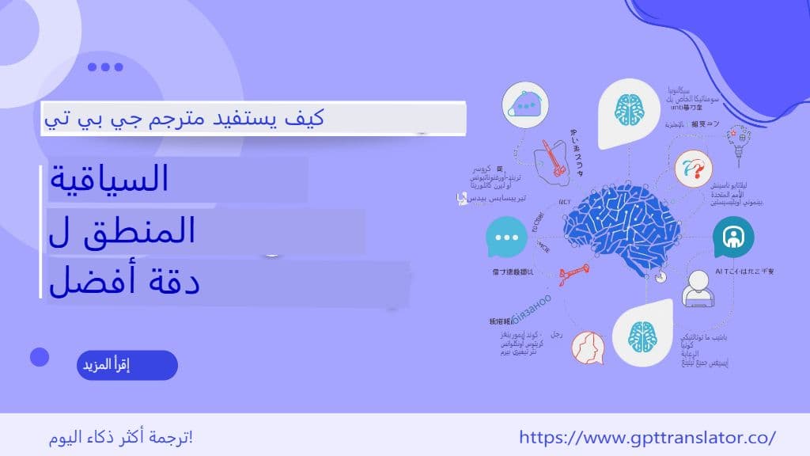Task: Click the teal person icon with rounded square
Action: (x=733, y=236)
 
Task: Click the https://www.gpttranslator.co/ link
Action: (x=648, y=437)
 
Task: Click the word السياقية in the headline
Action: (x=108, y=180)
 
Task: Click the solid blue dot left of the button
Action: (x=40, y=357)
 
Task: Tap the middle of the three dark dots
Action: (x=105, y=67)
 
